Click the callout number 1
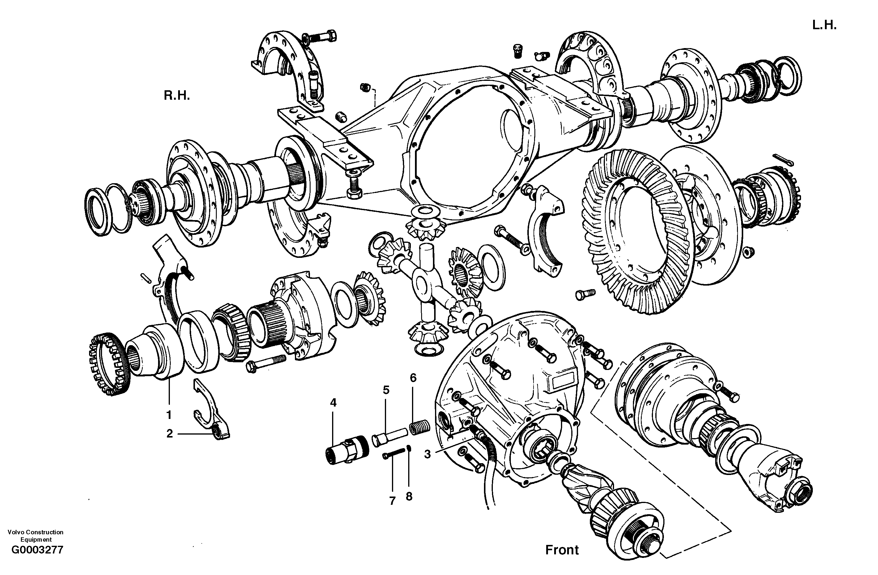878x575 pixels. pyautogui.click(x=169, y=415)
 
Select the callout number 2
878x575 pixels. pyautogui.click(x=169, y=434)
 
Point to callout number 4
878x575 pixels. pyautogui.click(x=333, y=403)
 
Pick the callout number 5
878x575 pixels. pyautogui.click(x=386, y=390)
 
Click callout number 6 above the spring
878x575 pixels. pyautogui.click(x=413, y=378)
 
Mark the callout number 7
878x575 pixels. pyautogui.click(x=392, y=501)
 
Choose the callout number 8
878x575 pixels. pyautogui.click(x=409, y=497)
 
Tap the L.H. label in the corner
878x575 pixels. pyautogui.click(x=824, y=25)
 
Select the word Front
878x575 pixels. pyautogui.click(x=562, y=550)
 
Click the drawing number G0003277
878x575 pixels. pyautogui.click(x=37, y=550)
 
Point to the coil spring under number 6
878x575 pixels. pyautogui.click(x=419, y=427)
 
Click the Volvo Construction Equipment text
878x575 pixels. pyautogui.click(x=36, y=535)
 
